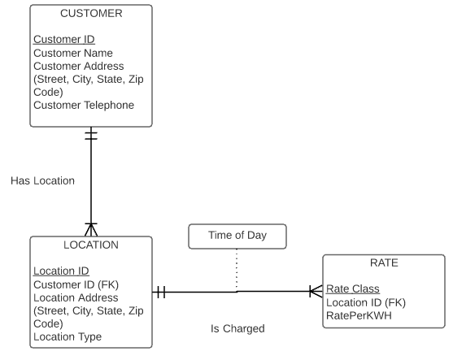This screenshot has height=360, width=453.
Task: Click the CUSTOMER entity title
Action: click(91, 13)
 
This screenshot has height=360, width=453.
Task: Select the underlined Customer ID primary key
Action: click(64, 39)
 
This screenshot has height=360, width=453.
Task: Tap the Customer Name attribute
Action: click(73, 53)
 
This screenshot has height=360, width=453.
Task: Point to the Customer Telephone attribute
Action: click(84, 105)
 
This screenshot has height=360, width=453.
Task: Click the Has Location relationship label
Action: click(43, 180)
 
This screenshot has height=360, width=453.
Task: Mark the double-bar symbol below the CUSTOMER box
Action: click(91, 136)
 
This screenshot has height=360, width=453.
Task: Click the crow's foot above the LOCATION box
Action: click(91, 229)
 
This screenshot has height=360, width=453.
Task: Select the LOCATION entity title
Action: click(91, 245)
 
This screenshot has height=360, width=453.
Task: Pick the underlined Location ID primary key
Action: click(61, 271)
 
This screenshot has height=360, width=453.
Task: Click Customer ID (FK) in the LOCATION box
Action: click(76, 284)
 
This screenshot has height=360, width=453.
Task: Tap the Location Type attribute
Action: click(68, 336)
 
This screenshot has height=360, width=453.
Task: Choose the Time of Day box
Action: click(237, 236)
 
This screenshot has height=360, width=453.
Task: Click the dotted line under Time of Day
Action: click(237, 270)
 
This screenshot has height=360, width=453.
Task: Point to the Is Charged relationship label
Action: click(237, 328)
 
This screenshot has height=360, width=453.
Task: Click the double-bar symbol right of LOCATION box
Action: click(161, 293)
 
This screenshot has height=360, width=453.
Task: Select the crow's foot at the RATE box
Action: click(316, 291)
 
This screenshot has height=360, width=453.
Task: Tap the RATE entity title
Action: click(384, 263)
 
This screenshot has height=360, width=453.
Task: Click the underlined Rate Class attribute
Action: click(353, 289)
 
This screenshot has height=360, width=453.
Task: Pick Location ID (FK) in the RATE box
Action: click(366, 302)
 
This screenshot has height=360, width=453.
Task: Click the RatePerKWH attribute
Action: click(359, 315)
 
